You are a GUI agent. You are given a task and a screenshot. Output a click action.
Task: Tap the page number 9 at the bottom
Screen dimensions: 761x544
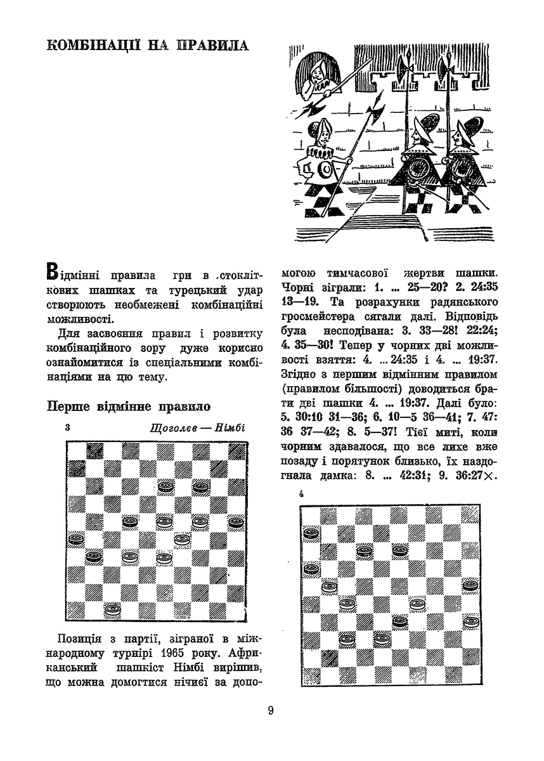(271, 710)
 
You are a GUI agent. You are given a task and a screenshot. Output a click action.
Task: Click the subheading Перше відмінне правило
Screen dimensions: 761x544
(128, 406)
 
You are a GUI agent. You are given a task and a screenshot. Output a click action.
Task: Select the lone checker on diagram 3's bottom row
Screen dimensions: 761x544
(113, 609)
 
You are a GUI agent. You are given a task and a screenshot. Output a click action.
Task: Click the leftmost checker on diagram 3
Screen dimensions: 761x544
(75, 540)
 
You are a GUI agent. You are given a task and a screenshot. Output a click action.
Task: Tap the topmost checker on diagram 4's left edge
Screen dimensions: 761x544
(311, 534)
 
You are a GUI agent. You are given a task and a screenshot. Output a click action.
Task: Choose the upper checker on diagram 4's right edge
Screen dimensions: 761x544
(470, 584)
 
